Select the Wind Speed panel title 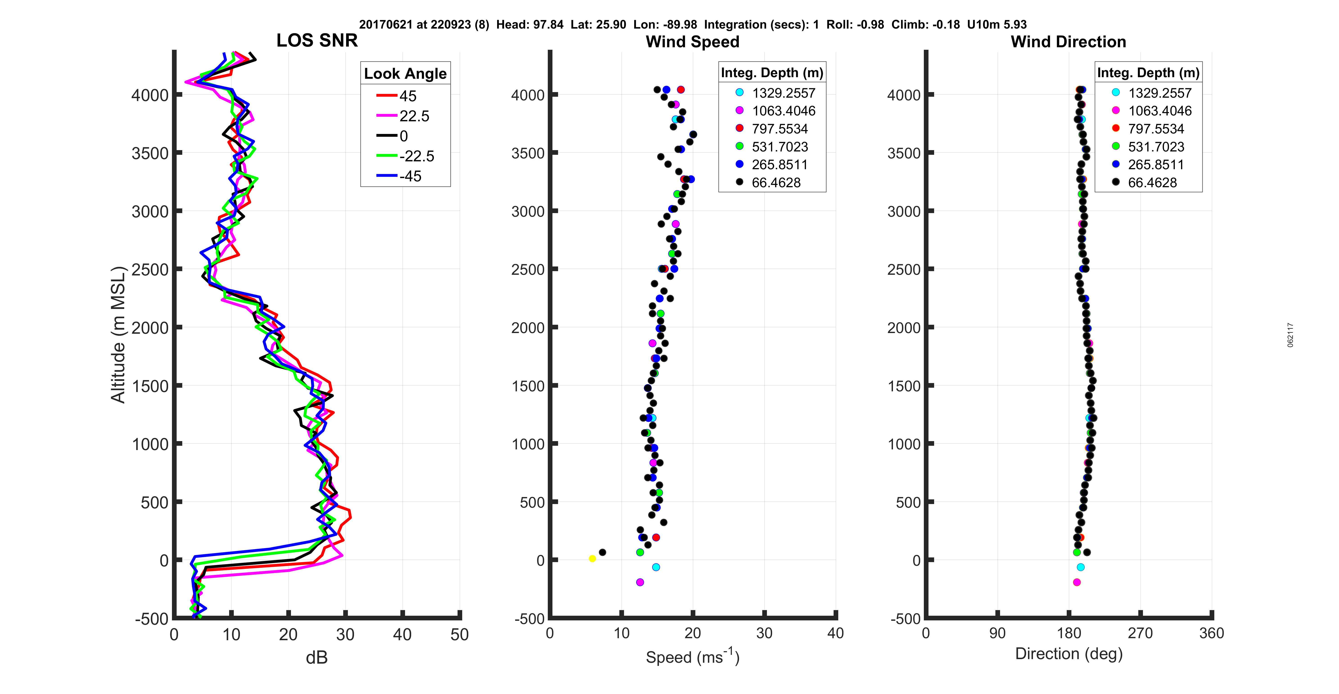coord(692,42)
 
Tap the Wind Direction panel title coord(1068,42)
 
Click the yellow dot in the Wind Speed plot coord(592,558)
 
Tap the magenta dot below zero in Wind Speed coord(640,582)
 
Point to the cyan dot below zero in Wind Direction coord(1081,567)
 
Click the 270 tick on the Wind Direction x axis coord(1141,633)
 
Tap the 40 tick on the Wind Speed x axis coord(835,633)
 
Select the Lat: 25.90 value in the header coord(598,25)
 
